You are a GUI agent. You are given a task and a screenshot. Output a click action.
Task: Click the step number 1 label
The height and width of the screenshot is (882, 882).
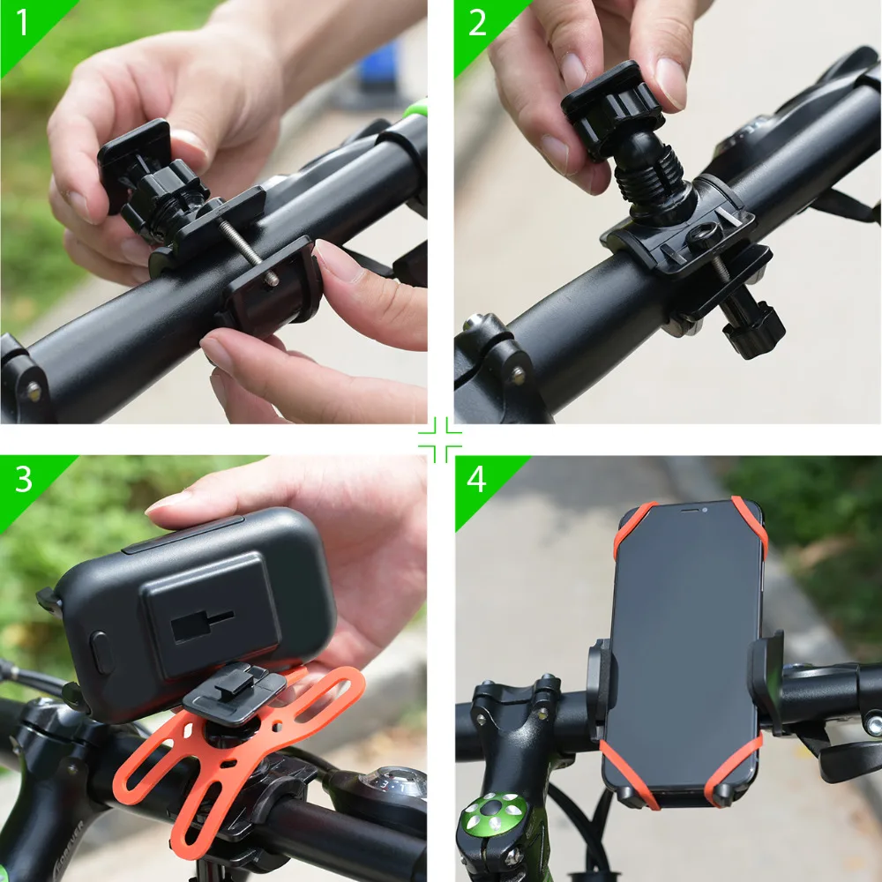tap(21, 23)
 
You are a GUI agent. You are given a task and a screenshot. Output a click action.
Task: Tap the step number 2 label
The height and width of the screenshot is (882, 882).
tap(477, 23)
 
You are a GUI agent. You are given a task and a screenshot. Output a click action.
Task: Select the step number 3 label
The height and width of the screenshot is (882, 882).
tap(23, 479)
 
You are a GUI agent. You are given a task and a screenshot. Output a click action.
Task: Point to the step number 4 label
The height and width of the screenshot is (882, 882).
tap(476, 479)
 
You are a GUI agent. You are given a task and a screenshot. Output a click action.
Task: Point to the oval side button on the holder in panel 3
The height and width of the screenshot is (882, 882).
tap(101, 653)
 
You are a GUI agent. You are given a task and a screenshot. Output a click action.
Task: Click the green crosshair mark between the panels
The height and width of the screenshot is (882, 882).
tap(440, 440)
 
